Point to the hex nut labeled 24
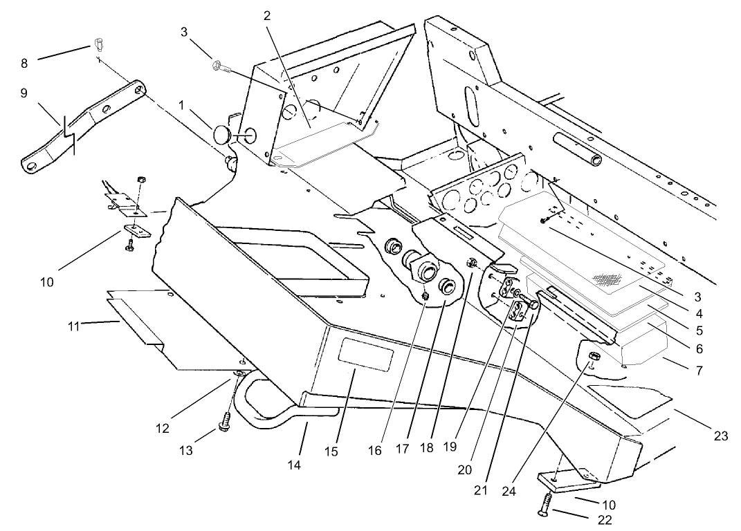594,359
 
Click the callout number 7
699,371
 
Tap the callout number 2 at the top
267,15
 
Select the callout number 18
427,447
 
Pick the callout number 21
481,490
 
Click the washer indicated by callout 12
237,374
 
